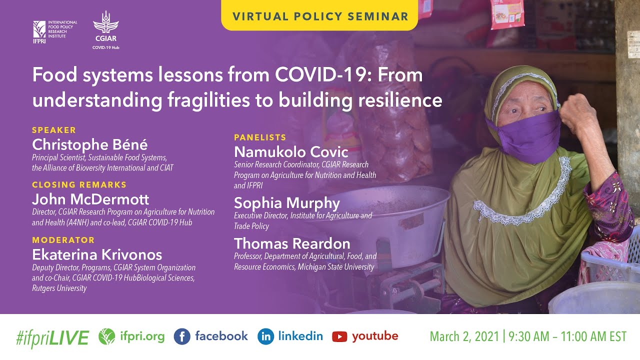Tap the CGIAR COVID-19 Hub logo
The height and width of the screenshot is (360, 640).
click(x=105, y=30)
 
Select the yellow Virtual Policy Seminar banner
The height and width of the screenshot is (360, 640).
click(x=320, y=16)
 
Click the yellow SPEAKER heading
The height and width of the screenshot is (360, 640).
click(x=54, y=130)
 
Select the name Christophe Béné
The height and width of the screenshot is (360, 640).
click(x=90, y=144)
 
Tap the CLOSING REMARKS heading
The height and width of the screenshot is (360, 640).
click(x=79, y=184)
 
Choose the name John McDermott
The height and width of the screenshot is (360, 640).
click(x=90, y=199)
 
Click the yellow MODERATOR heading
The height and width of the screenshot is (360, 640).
click(x=63, y=240)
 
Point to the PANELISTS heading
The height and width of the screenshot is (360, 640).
click(x=260, y=137)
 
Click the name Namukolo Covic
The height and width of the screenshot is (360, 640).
click(x=291, y=151)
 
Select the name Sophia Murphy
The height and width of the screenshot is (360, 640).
click(x=287, y=203)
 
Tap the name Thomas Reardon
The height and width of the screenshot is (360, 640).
click(x=292, y=243)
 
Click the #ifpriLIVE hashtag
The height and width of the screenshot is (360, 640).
click(x=52, y=337)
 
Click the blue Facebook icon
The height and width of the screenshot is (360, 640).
click(x=182, y=336)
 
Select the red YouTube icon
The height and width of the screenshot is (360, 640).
click(x=339, y=336)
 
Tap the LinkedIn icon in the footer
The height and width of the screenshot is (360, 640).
click(x=265, y=336)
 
